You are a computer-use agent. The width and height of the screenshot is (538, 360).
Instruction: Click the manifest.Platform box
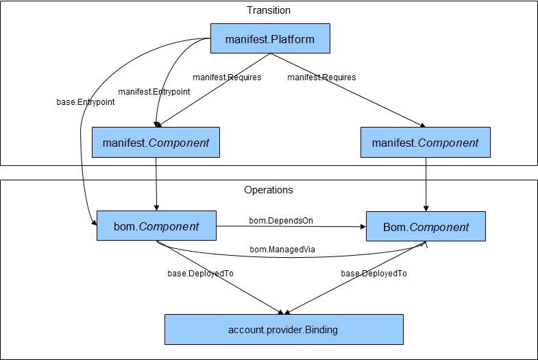(x=270, y=39)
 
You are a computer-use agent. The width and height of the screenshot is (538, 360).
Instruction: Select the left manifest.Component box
(x=156, y=143)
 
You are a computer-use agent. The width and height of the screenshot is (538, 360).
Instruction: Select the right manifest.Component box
(x=425, y=143)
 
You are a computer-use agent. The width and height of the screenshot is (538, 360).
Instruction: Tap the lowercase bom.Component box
(x=156, y=226)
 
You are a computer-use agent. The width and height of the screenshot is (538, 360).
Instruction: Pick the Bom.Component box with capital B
(x=426, y=227)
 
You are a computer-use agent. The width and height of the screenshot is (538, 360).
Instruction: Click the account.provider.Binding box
(x=283, y=330)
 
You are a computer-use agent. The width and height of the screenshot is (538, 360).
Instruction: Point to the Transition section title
(x=269, y=10)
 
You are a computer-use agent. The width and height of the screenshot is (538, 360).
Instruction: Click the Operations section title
(x=269, y=190)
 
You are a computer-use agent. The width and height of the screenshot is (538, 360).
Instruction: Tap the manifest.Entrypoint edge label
(x=154, y=91)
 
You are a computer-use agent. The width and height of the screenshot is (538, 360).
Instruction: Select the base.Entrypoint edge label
(x=86, y=102)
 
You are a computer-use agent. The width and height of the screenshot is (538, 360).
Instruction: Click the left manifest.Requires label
(x=227, y=77)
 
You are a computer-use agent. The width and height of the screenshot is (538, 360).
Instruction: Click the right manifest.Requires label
(x=321, y=77)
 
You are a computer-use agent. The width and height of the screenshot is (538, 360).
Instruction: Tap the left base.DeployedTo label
(x=201, y=273)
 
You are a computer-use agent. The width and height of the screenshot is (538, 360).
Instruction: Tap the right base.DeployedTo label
(x=374, y=273)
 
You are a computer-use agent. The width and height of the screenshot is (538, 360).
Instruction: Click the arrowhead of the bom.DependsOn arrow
(x=362, y=227)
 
